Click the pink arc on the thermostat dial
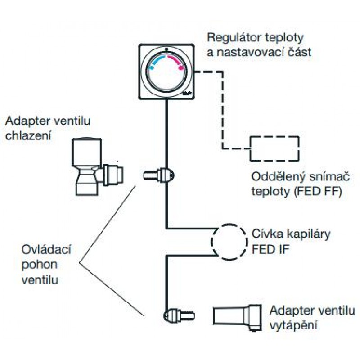click(x=177, y=62)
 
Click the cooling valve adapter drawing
click(x=97, y=166)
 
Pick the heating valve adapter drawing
click(x=237, y=316)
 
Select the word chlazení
click(x=27, y=135)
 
